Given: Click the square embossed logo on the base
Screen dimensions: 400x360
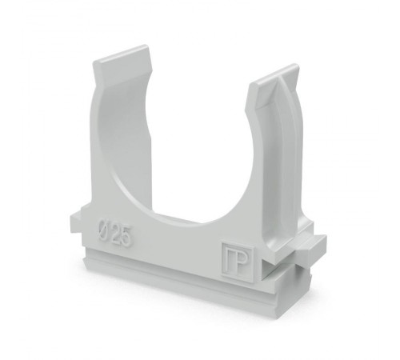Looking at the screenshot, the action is coord(238,258).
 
